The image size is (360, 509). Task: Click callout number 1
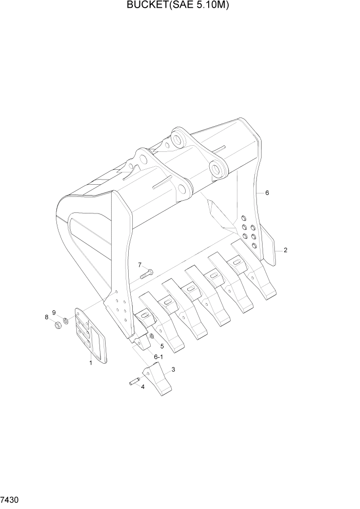(x=91, y=363)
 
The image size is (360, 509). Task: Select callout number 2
(x=285, y=250)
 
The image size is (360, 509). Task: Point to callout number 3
(x=173, y=369)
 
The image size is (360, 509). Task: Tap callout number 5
(x=162, y=346)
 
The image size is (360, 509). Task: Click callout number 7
(x=139, y=265)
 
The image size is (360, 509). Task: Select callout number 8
(x=47, y=317)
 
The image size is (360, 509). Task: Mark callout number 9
(x=53, y=312)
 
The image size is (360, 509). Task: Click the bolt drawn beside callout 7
(x=147, y=273)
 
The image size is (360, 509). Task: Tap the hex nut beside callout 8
(x=58, y=324)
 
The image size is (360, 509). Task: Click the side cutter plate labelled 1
(x=91, y=336)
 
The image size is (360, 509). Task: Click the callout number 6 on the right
(x=267, y=193)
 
